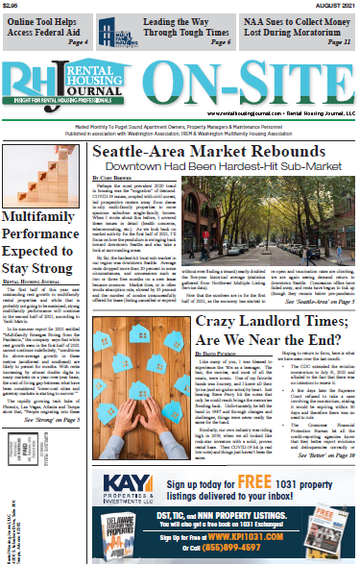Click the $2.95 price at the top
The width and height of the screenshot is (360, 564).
click(12, 5)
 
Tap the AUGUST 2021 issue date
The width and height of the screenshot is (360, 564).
click(335, 5)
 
